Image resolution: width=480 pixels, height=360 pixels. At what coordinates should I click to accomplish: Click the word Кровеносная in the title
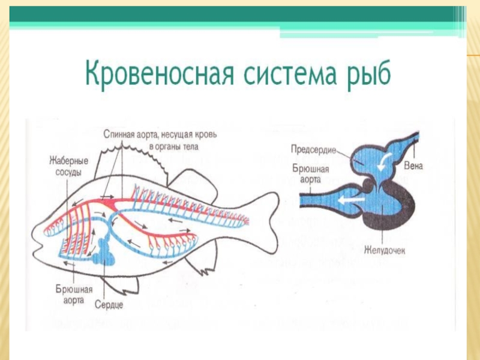(157, 72)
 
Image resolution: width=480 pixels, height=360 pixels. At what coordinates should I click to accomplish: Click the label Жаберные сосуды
(69, 165)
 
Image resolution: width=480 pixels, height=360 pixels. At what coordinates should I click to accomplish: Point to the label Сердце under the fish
(109, 305)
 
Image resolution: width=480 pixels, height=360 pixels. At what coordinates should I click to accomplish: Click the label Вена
(413, 165)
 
